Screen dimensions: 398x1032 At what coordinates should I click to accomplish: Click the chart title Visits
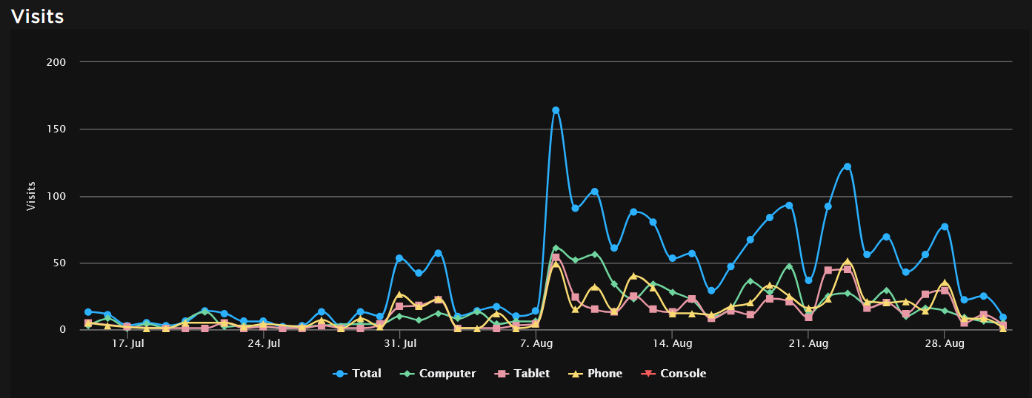coord(38,16)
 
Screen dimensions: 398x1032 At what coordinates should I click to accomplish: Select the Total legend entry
coord(358,374)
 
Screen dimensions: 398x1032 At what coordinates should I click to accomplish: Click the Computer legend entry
coord(439,374)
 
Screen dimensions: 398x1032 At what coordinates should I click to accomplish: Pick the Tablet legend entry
coord(524,374)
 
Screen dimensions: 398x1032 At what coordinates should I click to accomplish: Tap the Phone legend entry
coord(596,374)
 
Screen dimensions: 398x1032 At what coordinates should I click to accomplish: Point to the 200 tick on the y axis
coord(56,62)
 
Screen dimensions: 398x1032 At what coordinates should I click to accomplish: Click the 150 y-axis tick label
coord(56,129)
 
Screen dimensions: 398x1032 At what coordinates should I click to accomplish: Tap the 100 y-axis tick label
coord(56,197)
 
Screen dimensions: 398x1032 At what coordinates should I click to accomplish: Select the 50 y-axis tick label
coord(59,263)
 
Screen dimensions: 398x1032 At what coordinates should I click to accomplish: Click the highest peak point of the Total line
coord(556,110)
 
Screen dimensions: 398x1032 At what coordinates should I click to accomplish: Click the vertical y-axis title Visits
coord(31,195)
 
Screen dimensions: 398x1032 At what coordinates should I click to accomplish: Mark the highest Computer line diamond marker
coord(556,248)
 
